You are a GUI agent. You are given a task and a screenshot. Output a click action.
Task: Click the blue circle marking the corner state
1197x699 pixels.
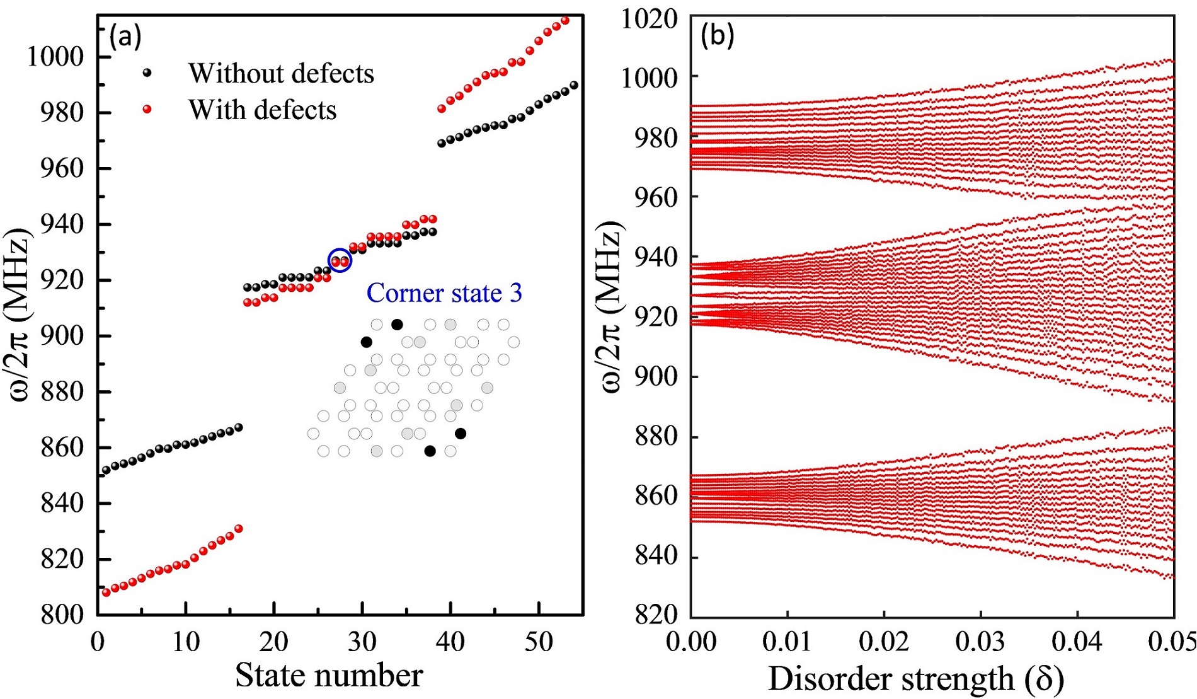point(340,260)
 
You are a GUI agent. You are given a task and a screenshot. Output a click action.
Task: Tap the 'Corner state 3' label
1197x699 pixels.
point(444,293)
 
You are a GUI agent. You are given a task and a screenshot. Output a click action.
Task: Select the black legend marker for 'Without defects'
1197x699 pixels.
point(147,73)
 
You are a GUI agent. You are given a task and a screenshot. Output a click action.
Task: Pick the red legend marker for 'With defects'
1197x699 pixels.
point(147,110)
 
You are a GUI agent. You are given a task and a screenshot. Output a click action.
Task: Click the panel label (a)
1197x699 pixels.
point(125,37)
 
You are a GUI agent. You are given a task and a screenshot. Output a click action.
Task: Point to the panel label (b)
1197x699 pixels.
point(718,37)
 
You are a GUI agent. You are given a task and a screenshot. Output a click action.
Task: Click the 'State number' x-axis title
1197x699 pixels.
point(329,676)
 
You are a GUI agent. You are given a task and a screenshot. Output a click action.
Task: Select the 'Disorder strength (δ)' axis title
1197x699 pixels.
point(916,679)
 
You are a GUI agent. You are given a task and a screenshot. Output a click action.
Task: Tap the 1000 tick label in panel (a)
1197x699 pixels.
point(55,57)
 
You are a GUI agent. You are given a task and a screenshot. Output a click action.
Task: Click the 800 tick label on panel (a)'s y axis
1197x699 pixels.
point(62,614)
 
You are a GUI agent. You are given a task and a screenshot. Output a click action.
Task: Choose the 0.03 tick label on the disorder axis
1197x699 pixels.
point(981,642)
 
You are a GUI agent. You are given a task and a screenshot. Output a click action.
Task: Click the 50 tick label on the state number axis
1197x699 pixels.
point(539,642)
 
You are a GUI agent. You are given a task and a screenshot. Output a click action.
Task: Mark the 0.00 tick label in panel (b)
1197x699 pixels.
point(691,642)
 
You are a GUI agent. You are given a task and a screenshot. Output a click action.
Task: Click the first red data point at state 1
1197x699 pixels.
point(106,592)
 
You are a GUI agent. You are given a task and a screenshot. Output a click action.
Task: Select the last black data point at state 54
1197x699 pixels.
point(573,85)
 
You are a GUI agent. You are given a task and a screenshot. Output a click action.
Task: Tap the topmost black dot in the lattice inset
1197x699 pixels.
point(397,325)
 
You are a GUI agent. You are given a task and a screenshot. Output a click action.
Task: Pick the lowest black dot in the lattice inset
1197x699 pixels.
point(430,451)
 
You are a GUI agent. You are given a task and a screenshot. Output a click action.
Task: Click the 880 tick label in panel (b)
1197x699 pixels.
point(656,436)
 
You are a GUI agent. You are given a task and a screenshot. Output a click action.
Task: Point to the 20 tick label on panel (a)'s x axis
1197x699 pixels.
point(274,642)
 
